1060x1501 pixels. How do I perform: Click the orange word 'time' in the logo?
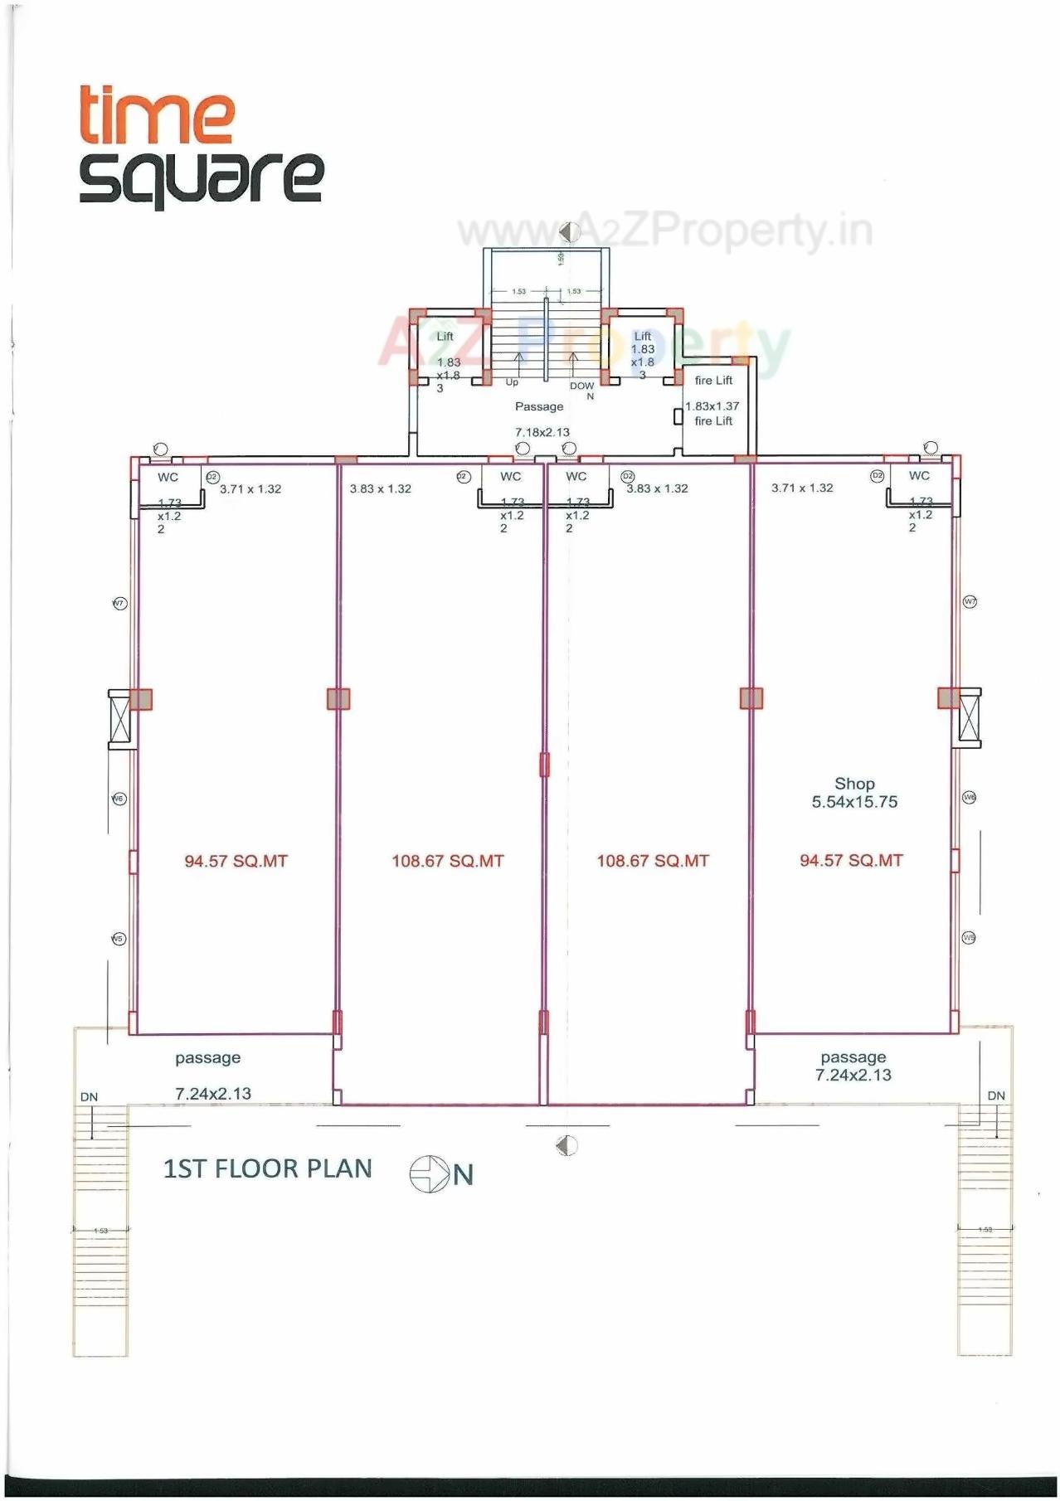click(156, 115)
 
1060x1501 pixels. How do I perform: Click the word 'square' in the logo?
click(201, 177)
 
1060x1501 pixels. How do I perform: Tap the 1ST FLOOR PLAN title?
click(267, 1168)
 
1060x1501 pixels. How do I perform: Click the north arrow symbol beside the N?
click(428, 1174)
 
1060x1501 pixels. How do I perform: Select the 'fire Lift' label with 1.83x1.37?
click(712, 406)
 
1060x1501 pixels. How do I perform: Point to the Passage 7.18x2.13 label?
click(541, 419)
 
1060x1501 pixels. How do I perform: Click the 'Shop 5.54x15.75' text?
click(854, 793)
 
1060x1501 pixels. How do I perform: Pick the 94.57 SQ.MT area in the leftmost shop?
click(236, 861)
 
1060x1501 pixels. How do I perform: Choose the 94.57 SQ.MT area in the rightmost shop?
click(851, 860)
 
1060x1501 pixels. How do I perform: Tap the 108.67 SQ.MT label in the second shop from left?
click(447, 861)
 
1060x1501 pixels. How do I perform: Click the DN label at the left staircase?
click(89, 1096)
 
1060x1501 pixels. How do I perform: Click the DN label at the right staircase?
click(996, 1095)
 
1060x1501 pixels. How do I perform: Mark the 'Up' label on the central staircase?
click(512, 382)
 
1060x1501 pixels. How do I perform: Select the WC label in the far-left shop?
click(168, 477)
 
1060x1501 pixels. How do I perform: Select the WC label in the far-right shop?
click(919, 475)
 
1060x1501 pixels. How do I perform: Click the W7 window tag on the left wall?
click(119, 603)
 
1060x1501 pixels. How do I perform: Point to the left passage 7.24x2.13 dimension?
click(212, 1094)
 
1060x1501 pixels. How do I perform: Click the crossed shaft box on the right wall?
click(968, 718)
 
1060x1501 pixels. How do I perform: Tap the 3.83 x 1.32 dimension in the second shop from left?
click(380, 488)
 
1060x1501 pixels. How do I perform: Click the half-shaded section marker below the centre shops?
click(566, 1145)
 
